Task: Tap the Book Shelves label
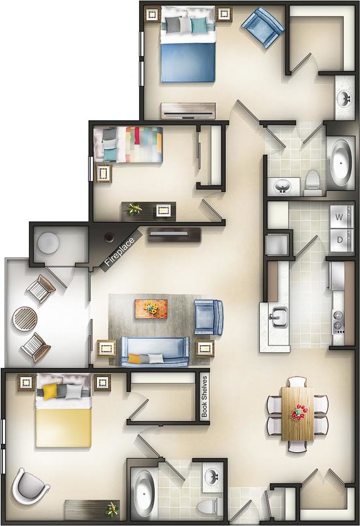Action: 205,396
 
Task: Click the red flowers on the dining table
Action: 298,412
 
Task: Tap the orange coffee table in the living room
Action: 152,308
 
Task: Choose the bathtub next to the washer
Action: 342,159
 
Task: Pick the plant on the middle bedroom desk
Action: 135,208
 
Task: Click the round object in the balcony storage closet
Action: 49,242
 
